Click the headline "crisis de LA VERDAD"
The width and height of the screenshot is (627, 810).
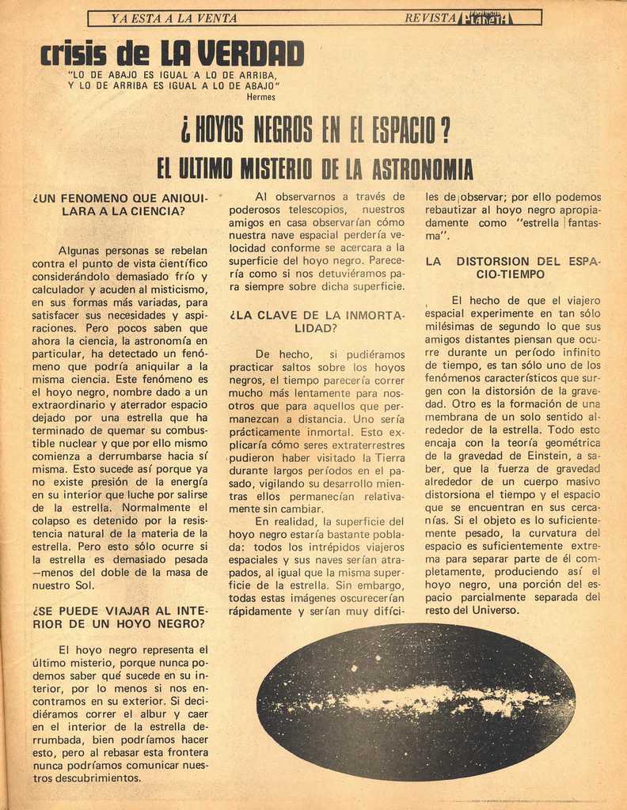click(x=172, y=54)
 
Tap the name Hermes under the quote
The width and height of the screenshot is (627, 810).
click(x=261, y=97)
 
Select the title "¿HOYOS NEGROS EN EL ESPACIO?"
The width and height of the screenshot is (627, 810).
click(x=316, y=129)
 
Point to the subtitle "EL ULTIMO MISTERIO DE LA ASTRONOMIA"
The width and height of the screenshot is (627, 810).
click(x=314, y=168)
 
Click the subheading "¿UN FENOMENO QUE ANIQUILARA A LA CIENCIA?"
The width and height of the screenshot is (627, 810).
click(x=120, y=204)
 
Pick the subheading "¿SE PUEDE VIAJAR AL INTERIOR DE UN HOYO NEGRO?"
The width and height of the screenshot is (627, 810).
click(x=120, y=617)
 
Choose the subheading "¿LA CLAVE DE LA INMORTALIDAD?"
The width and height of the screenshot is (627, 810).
click(x=317, y=321)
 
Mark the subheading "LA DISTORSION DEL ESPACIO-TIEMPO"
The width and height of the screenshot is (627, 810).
click(x=512, y=267)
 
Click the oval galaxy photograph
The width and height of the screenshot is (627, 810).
click(x=416, y=701)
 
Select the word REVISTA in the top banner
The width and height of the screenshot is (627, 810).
click(x=430, y=17)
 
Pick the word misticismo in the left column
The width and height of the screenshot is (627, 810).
click(x=173, y=290)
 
